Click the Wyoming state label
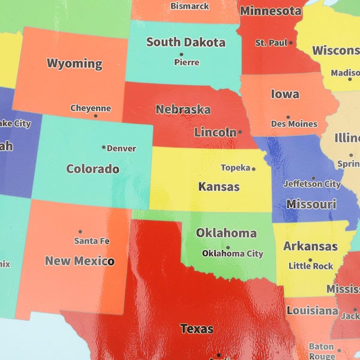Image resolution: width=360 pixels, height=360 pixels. pyautogui.click(x=74, y=64)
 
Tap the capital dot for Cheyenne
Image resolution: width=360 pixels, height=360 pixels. pyautogui.click(x=95, y=116)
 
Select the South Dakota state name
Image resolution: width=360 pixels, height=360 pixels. pyautogui.click(x=186, y=42)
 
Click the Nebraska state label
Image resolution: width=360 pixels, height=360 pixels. pyautogui.click(x=183, y=110)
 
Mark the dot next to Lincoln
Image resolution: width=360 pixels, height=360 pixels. pyautogui.click(x=240, y=132)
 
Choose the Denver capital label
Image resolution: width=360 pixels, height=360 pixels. pyautogui.click(x=121, y=148)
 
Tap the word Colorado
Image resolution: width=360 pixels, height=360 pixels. pyautogui.click(x=92, y=169)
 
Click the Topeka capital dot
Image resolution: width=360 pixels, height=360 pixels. pyautogui.click(x=253, y=169)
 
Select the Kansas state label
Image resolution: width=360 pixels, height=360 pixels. pyautogui.click(x=219, y=187)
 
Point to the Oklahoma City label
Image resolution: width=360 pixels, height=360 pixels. pyautogui.click(x=232, y=254)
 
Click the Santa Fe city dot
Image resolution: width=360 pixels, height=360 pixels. pyautogui.click(x=80, y=232)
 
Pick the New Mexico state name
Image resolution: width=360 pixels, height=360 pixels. pyautogui.click(x=79, y=261)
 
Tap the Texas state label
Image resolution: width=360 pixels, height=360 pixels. pyautogui.click(x=197, y=329)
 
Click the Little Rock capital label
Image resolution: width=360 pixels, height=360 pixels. pyautogui.click(x=311, y=266)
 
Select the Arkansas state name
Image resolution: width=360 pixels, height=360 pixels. pyautogui.click(x=310, y=246)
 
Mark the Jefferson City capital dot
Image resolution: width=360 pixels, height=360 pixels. pyautogui.click(x=313, y=178)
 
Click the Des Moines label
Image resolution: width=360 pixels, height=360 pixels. pyautogui.click(x=294, y=124)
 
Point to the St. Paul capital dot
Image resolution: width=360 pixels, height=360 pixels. pyautogui.click(x=291, y=43)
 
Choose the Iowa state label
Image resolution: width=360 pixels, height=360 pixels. pyautogui.click(x=285, y=94)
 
